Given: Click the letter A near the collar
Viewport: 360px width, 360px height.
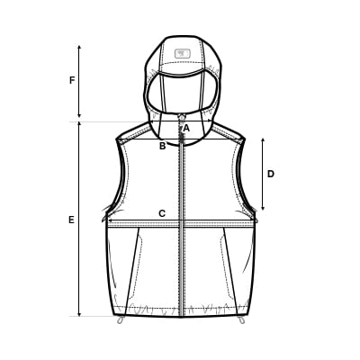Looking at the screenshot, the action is point(186,129).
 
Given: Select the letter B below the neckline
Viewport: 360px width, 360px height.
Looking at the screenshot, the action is point(162,146).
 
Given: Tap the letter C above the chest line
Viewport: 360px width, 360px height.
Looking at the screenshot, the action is point(162,213).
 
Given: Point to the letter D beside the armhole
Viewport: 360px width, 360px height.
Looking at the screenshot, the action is point(271,174).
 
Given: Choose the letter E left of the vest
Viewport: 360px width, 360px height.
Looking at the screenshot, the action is point(71,220).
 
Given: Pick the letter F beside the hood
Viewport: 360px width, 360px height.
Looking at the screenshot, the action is point(72,80).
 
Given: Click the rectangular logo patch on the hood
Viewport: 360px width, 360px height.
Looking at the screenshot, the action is point(183,53).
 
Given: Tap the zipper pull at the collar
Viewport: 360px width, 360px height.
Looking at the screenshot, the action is point(181,117).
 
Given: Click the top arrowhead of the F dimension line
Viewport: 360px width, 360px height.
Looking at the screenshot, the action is point(79,48).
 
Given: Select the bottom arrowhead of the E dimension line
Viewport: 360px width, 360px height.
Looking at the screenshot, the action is point(79,314).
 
